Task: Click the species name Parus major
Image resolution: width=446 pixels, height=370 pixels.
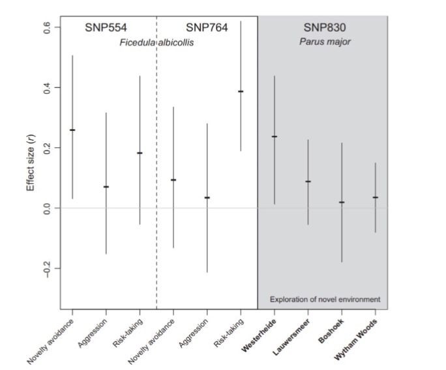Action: coord(325,42)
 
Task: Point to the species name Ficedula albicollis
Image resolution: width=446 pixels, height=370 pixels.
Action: coord(157,42)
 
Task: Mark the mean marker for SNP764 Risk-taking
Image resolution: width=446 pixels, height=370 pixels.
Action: coord(241,91)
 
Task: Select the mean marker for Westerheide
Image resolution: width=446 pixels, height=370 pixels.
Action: coord(275,137)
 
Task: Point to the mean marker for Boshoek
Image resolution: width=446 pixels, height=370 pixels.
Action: coord(342,203)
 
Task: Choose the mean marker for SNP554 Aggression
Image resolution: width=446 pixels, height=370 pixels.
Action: coord(106,187)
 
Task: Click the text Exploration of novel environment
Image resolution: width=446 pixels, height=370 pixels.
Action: coord(325,300)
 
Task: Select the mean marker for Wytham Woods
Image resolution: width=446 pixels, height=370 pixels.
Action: coord(376,197)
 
